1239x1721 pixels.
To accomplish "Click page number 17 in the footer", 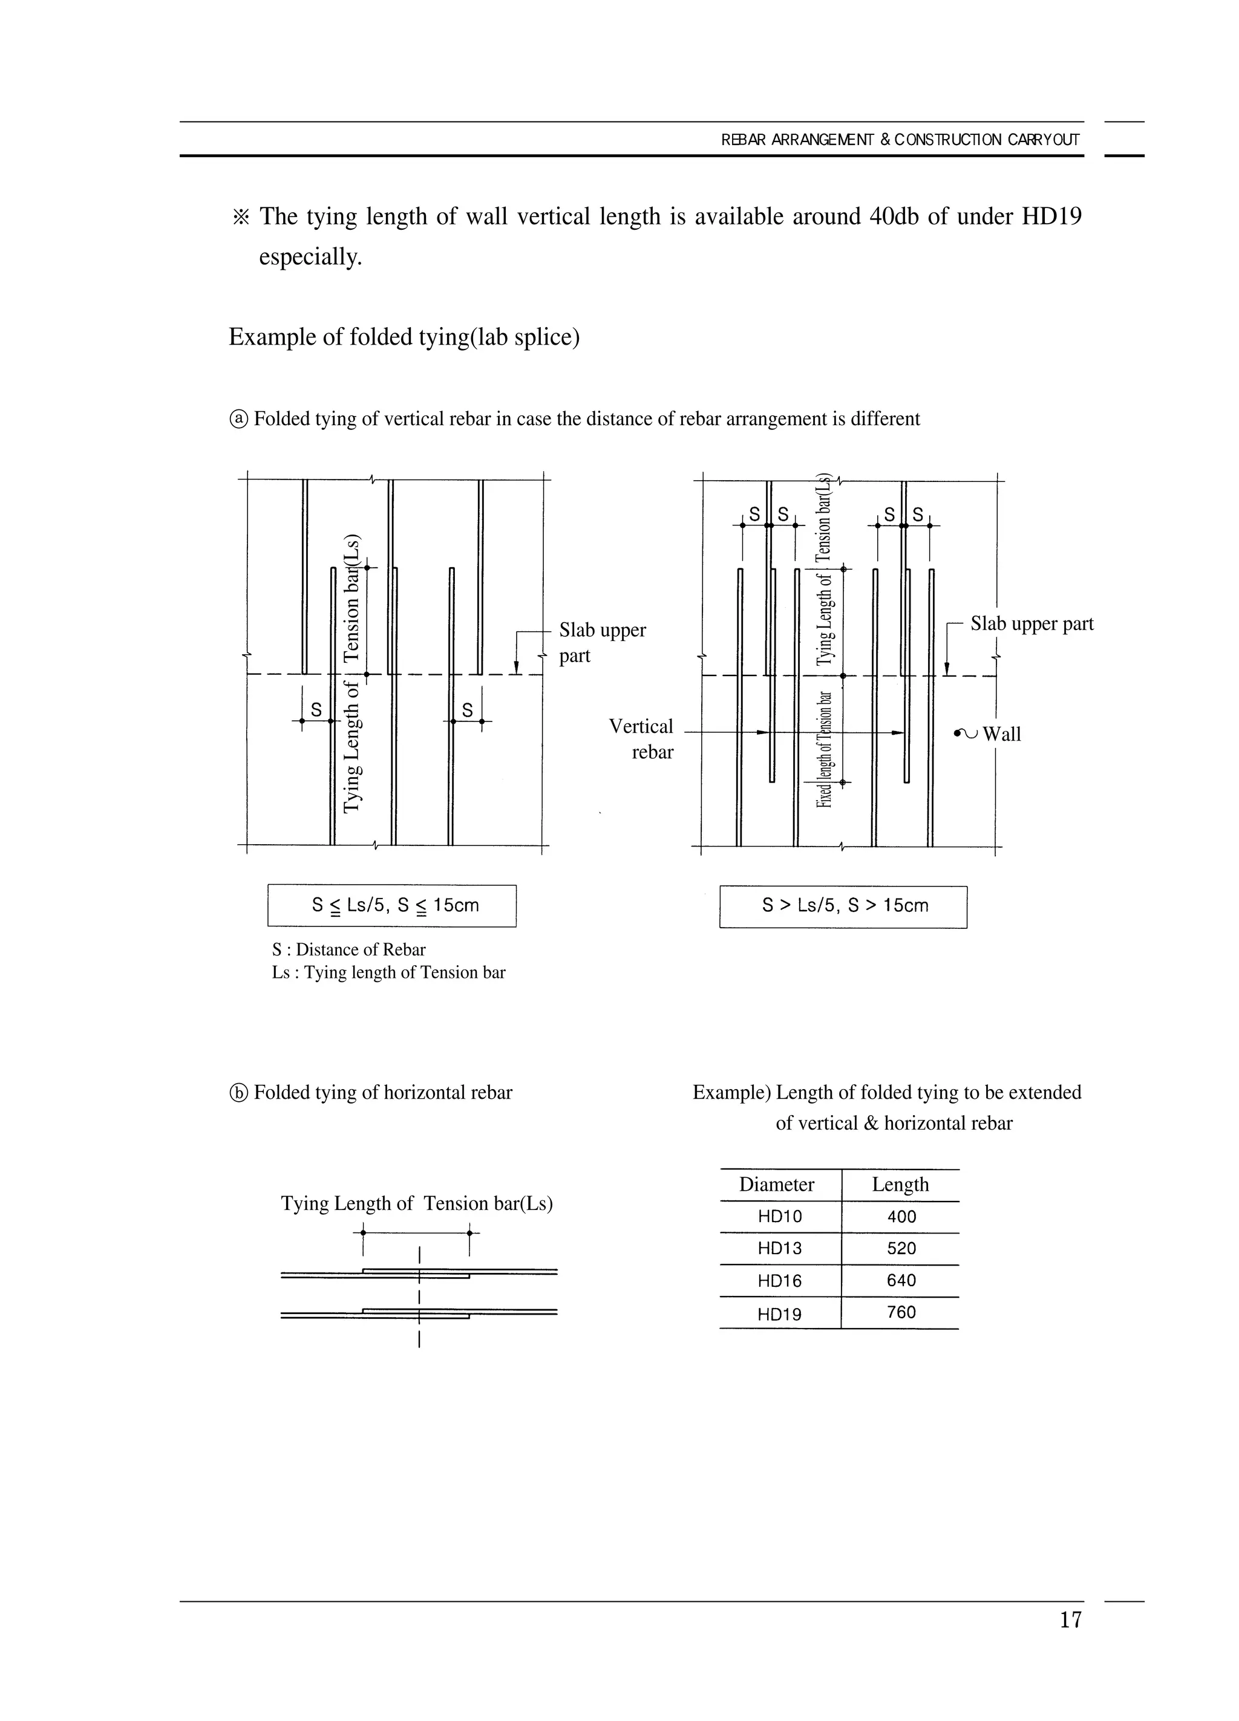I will [1070, 1620].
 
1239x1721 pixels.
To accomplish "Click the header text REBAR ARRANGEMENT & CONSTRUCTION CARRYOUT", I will [900, 140].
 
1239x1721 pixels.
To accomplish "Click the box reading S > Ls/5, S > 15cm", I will [843, 906].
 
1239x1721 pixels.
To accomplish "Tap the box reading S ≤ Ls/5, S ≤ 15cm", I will [393, 905].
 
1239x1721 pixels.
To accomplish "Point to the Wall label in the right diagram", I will [1001, 735].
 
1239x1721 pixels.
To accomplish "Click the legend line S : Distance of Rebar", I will [348, 949].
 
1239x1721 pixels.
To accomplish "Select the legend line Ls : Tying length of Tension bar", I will [388, 973].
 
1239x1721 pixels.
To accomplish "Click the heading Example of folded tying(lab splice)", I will [404, 337].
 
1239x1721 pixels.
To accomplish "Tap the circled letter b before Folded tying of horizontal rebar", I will [238, 1093].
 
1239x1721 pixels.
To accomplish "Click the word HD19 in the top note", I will [1051, 217].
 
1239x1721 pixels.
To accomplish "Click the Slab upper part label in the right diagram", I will [1031, 623].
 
